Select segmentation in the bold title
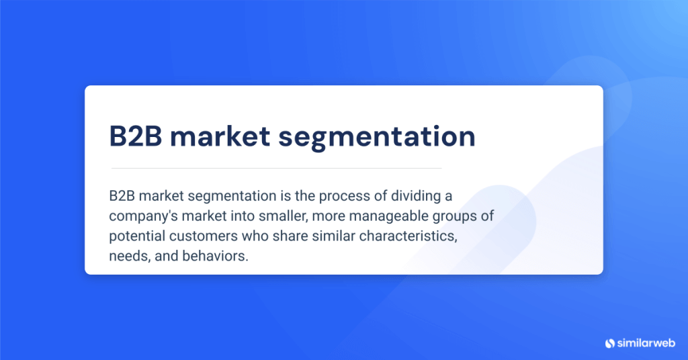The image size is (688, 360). [x=377, y=136]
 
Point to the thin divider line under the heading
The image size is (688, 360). [x=276, y=168]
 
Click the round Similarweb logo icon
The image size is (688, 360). [x=610, y=343]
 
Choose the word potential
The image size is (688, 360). [x=134, y=237]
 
